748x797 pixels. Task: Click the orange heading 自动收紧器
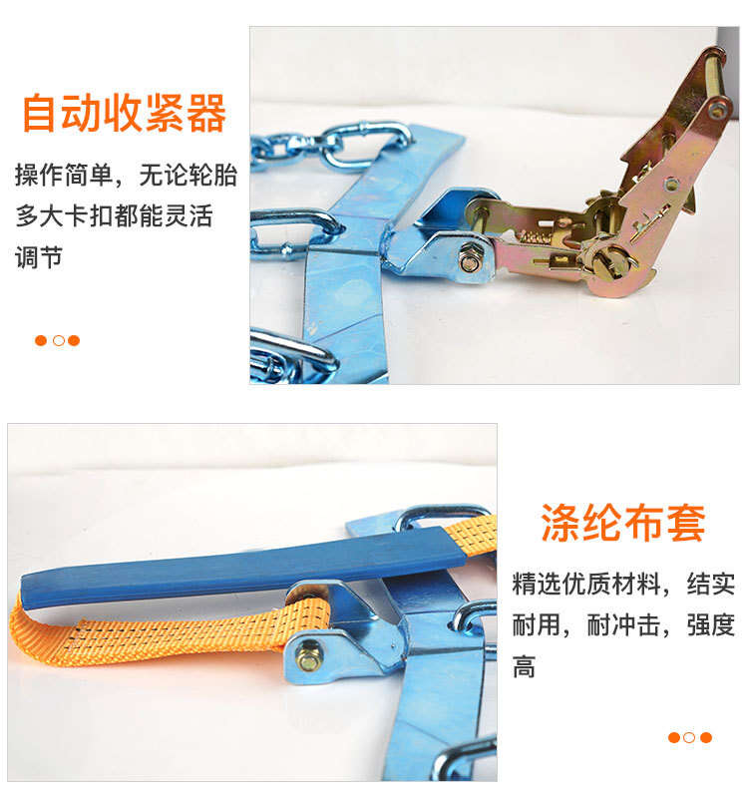click(x=124, y=113)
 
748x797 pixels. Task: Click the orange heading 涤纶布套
click(x=623, y=523)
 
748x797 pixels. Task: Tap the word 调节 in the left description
click(x=39, y=256)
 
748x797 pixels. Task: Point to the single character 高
click(x=524, y=667)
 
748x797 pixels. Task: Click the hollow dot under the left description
click(x=59, y=340)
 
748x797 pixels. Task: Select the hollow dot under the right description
click(x=689, y=737)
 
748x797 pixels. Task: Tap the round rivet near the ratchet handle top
click(x=717, y=110)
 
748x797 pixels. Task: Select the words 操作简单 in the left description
click(x=64, y=175)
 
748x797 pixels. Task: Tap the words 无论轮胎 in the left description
click(x=188, y=175)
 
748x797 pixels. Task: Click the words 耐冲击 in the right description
click(x=623, y=625)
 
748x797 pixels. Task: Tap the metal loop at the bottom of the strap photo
click(x=463, y=757)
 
